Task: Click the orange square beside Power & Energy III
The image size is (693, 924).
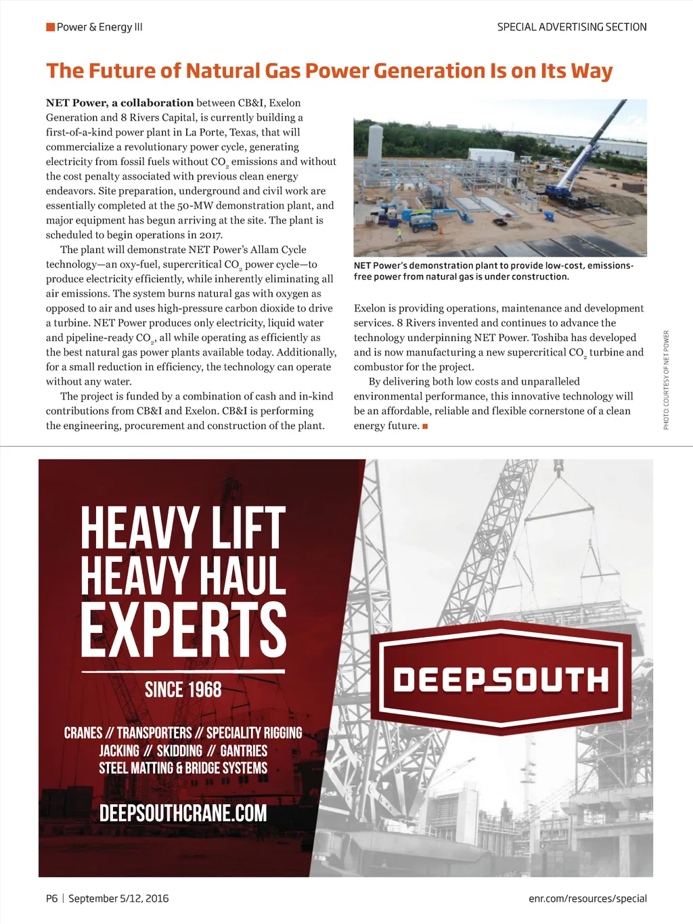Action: coord(50,27)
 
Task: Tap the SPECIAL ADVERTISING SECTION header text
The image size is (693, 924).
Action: coord(572,27)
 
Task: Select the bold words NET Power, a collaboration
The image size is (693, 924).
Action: coord(120,103)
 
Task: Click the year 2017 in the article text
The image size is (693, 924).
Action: coord(210,235)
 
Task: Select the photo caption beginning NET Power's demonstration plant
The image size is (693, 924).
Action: coord(493,271)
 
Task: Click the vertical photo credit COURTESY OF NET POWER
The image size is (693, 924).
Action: coord(667,379)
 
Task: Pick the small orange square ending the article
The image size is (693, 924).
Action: coord(425,426)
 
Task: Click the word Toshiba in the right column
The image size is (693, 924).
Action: coord(550,338)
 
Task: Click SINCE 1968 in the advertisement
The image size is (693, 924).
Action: coord(183,690)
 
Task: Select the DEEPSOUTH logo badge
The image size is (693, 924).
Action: coord(501,679)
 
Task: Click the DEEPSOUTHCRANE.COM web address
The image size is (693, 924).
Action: coord(183,813)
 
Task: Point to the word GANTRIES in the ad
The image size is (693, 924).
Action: coord(244,751)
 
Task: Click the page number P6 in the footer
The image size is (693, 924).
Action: coord(52,898)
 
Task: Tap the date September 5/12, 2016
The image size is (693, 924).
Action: coord(118,898)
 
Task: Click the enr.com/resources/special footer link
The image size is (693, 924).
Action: coord(587,898)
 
